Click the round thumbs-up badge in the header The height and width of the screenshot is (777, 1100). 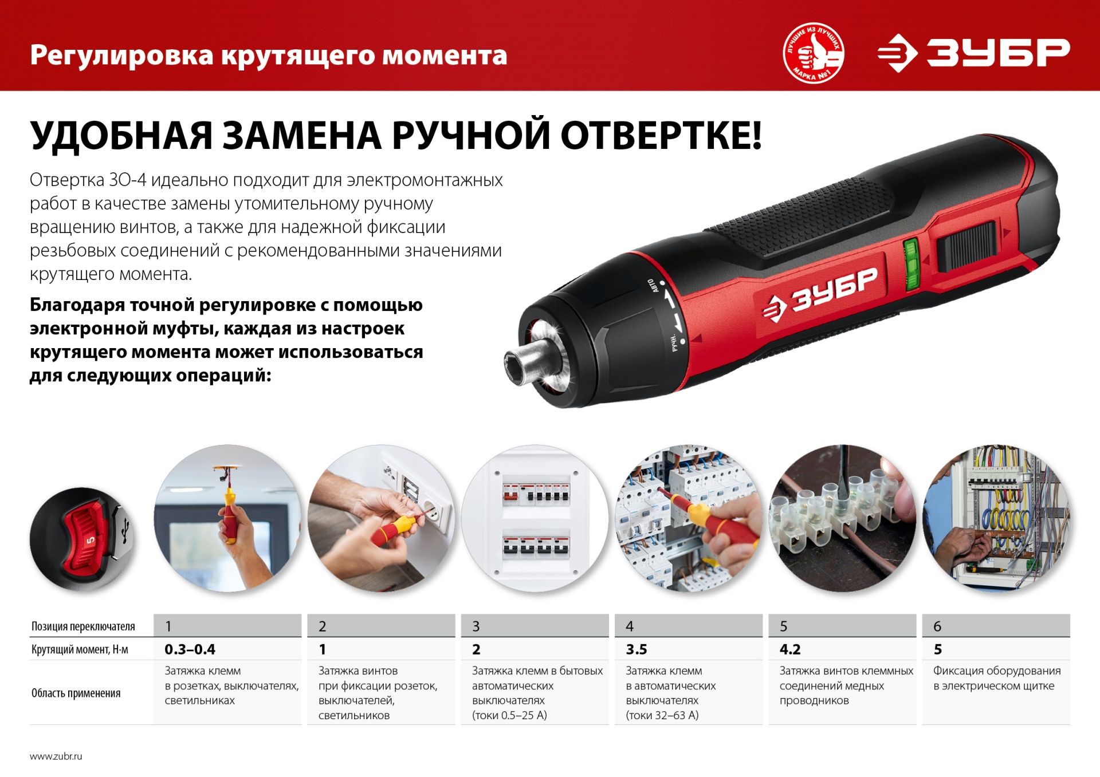[814, 53]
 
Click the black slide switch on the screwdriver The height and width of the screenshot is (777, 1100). [967, 246]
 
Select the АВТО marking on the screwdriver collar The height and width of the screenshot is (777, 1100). [653, 286]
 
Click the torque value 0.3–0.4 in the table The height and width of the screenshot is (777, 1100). [190, 649]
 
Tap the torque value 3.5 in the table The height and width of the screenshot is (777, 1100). [636, 649]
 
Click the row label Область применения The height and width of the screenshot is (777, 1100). [76, 693]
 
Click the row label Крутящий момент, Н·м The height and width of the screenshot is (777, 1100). [80, 649]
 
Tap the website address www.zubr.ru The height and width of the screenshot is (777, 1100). [56, 756]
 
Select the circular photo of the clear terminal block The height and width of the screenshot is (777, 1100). [842, 518]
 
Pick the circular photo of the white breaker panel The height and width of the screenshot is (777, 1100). [535, 518]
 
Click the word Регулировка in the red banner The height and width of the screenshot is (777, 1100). [121, 56]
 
